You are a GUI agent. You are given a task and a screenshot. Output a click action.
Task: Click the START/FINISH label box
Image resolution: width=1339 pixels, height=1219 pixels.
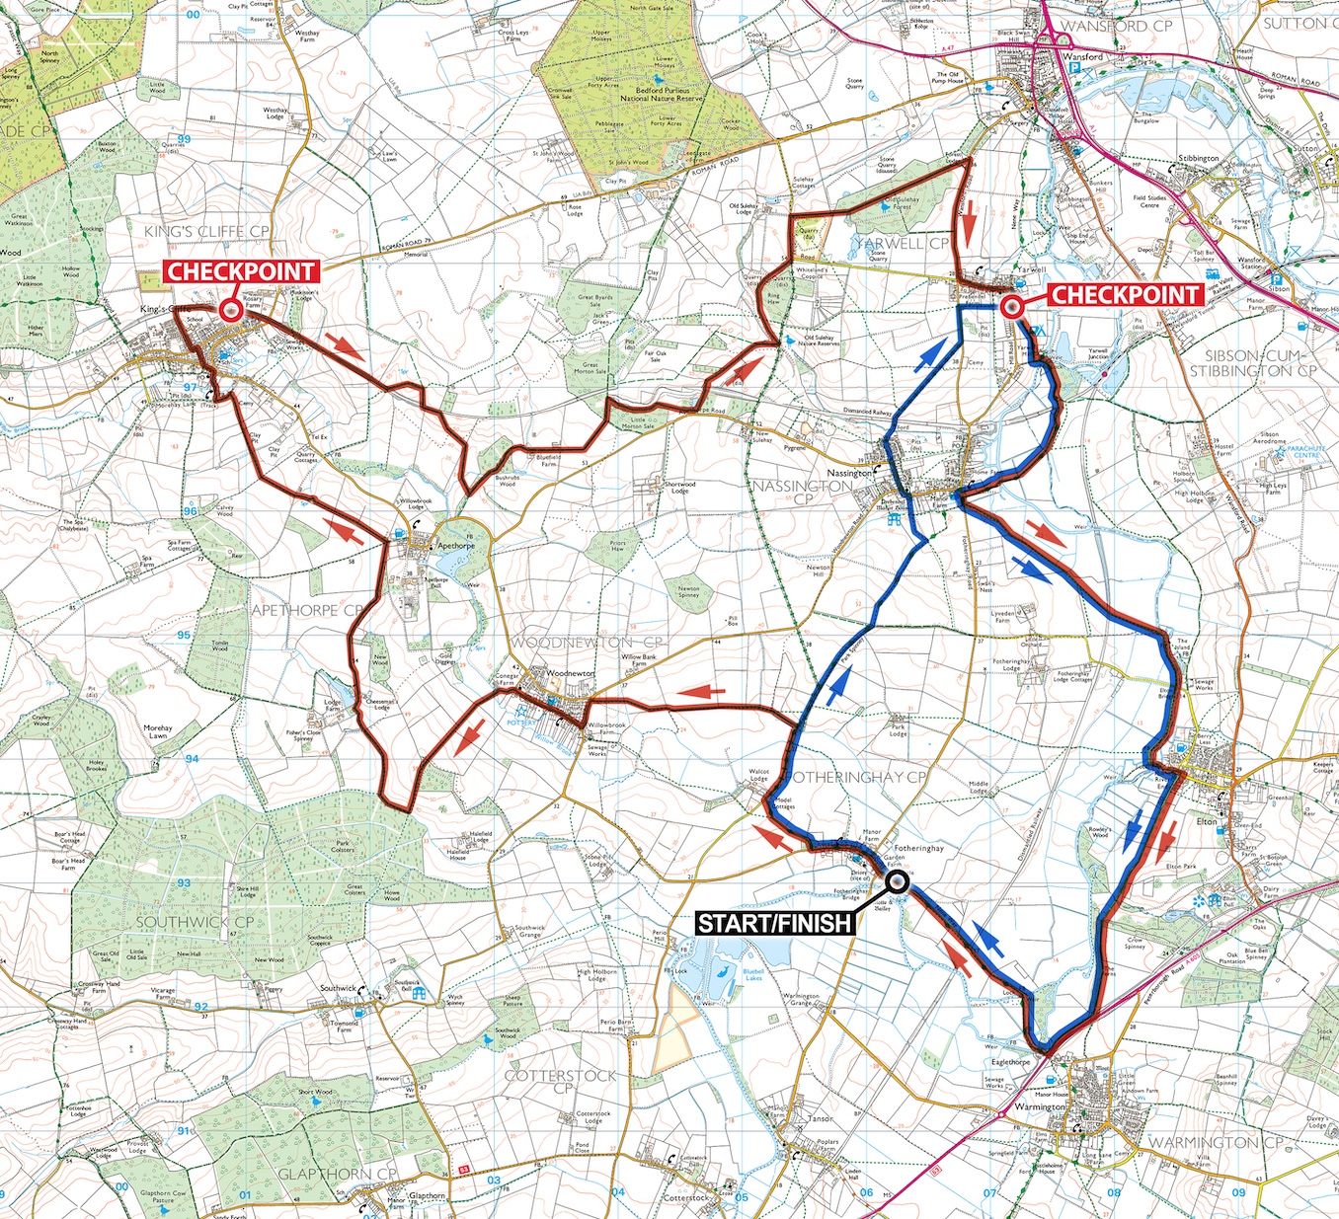tap(775, 923)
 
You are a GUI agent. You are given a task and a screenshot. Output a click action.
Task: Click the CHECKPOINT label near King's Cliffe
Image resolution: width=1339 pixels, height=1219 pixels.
tap(240, 271)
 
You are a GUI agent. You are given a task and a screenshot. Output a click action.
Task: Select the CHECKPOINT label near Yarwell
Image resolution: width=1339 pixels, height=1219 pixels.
tap(1124, 294)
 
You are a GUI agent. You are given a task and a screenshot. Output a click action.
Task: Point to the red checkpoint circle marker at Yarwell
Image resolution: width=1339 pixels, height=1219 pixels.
tap(1011, 307)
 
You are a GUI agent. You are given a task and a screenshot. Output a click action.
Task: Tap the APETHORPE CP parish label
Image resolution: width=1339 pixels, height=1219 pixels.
tap(307, 610)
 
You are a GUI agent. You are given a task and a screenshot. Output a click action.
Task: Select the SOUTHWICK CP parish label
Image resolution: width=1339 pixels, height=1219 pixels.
tap(195, 922)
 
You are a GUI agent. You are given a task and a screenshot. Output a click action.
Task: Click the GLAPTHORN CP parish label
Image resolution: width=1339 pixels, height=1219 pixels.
tap(337, 1174)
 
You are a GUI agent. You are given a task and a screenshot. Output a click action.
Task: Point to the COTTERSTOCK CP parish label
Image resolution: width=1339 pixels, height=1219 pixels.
tap(560, 1081)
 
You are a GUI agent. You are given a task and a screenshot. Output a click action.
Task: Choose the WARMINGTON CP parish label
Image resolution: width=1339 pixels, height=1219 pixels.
tap(1215, 1142)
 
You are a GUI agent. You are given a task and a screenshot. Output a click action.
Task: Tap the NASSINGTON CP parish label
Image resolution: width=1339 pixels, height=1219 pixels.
tap(803, 493)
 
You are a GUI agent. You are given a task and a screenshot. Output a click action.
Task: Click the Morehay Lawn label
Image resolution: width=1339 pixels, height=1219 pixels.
tap(157, 731)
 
